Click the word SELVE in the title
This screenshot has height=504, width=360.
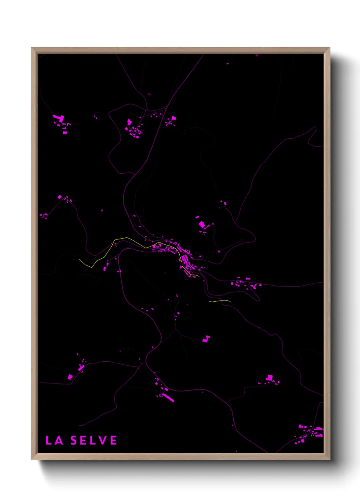tap(94, 440)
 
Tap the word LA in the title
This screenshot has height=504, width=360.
tap(54, 440)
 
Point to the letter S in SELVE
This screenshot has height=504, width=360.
tap(73, 440)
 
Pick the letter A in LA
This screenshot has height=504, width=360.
tap(59, 440)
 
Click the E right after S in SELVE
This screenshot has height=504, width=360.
tap(83, 440)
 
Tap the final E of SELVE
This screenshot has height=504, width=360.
tap(114, 440)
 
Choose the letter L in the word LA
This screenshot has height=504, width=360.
tap(49, 440)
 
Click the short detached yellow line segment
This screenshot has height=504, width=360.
tap(220, 301)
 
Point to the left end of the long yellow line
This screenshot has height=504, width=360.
tap(80, 260)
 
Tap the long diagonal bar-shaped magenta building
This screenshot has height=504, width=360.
tap(168, 397)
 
